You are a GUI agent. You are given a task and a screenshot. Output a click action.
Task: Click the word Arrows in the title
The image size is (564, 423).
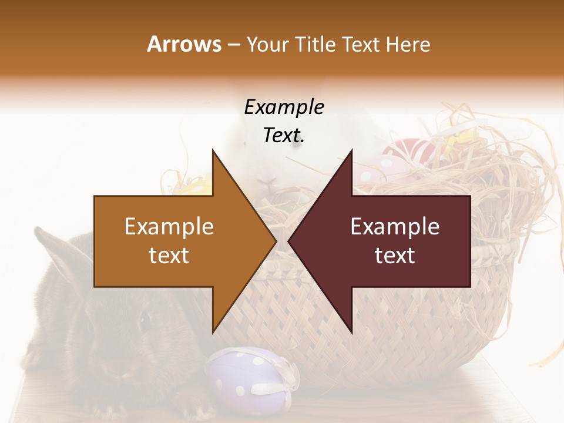coord(184,44)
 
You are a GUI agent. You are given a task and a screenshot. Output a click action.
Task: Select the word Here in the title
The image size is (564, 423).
coord(408,44)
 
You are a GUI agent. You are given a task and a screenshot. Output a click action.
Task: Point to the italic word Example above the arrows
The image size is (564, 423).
coord(284,107)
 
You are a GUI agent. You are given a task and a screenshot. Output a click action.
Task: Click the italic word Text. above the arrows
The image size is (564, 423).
coord(284,135)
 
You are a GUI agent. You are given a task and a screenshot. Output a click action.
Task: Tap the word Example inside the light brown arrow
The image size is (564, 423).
coord(169,227)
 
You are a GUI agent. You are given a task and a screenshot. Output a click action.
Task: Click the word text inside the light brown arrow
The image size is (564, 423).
coord(169,256)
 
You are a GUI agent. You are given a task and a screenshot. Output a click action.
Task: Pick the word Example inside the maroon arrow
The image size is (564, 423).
coord(395,227)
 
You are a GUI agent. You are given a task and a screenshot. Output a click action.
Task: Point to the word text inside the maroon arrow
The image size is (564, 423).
coord(395,256)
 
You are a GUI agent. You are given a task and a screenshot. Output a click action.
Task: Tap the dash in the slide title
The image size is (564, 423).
coord(233,45)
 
